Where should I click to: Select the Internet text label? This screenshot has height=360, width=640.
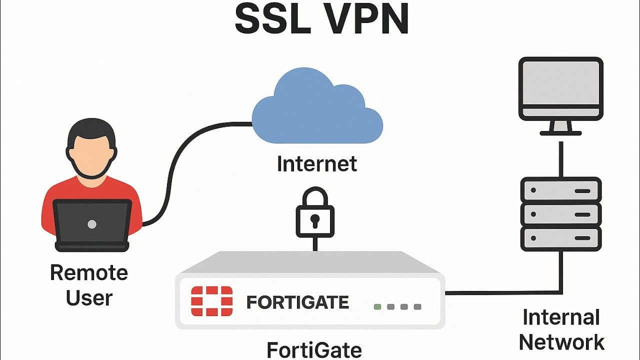(317, 164)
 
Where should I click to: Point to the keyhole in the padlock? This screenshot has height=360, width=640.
(315, 219)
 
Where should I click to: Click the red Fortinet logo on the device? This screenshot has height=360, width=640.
(211, 302)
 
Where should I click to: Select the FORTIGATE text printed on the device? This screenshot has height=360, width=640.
(297, 302)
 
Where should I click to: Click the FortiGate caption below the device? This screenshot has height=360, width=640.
(314, 349)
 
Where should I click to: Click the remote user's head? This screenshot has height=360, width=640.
(91, 147)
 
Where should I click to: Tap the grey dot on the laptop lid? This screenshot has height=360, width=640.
(92, 224)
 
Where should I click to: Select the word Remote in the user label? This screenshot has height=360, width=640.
(89, 273)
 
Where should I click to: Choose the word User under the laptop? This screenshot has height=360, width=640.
(89, 298)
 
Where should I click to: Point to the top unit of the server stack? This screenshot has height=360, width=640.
(560, 190)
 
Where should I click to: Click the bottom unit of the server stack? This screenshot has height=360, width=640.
(560, 238)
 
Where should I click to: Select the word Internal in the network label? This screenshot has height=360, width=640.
(561, 317)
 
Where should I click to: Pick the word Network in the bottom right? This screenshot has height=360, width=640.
(561, 342)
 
